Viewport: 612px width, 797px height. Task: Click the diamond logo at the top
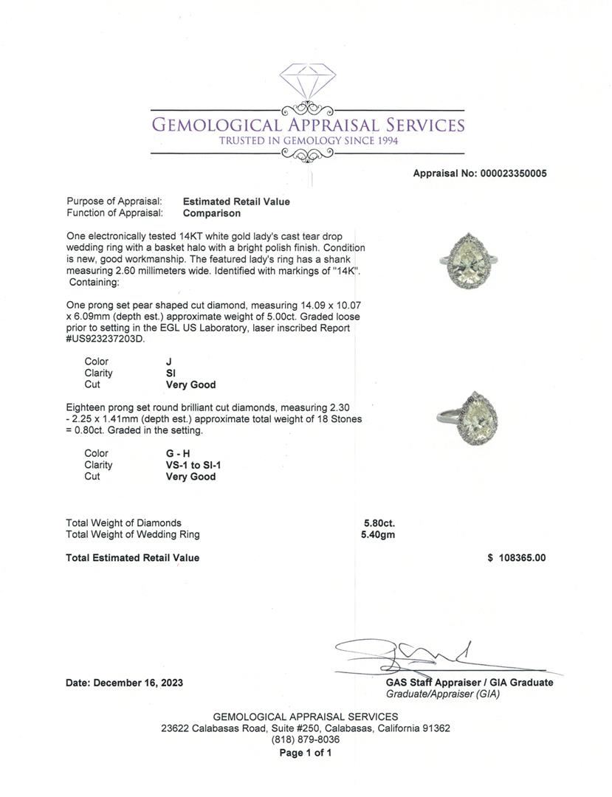(x=308, y=81)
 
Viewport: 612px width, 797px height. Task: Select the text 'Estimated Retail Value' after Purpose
(x=236, y=201)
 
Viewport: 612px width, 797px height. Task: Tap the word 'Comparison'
(x=211, y=213)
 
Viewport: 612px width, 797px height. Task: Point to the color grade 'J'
(x=169, y=362)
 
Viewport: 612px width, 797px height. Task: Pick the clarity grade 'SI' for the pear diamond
(x=171, y=373)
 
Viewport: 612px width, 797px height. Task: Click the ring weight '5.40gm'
(x=378, y=534)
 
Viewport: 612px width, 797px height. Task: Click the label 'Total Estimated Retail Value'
(x=132, y=558)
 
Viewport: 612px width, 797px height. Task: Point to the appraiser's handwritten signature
(x=413, y=654)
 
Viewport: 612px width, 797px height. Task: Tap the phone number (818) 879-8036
(x=306, y=739)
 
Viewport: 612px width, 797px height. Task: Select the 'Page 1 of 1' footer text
(x=306, y=753)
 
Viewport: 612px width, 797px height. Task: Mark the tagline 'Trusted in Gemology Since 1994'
(x=308, y=140)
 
